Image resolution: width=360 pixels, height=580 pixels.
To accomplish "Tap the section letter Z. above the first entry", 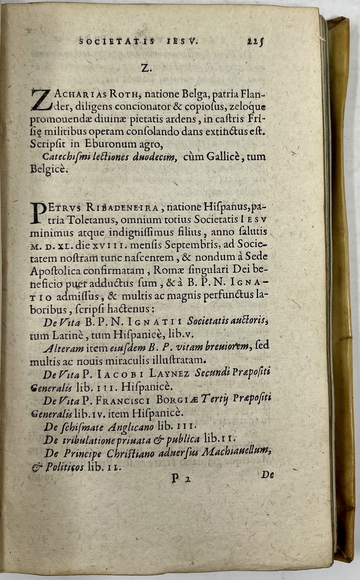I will [145, 68].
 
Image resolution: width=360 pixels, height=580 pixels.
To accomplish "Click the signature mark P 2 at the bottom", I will [180, 479].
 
